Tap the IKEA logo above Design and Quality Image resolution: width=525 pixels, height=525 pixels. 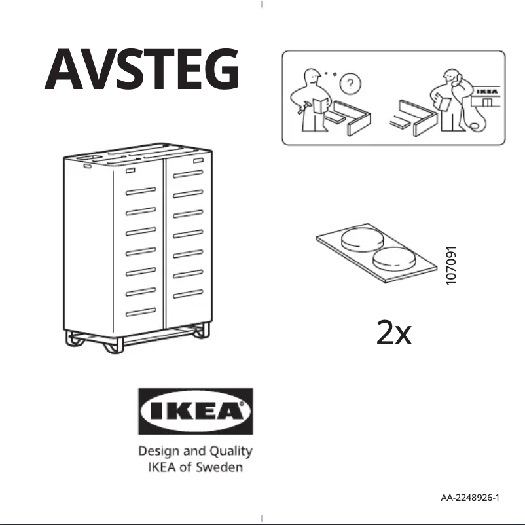(x=194, y=411)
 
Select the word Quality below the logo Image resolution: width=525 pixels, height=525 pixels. (x=230, y=452)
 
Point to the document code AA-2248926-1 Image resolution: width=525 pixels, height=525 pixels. (x=470, y=498)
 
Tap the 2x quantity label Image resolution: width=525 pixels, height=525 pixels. (x=394, y=335)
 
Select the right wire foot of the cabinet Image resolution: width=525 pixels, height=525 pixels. (x=198, y=333)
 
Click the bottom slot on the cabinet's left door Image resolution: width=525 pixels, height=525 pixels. (x=141, y=311)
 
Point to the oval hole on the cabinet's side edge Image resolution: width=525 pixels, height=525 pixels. (x=86, y=166)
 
